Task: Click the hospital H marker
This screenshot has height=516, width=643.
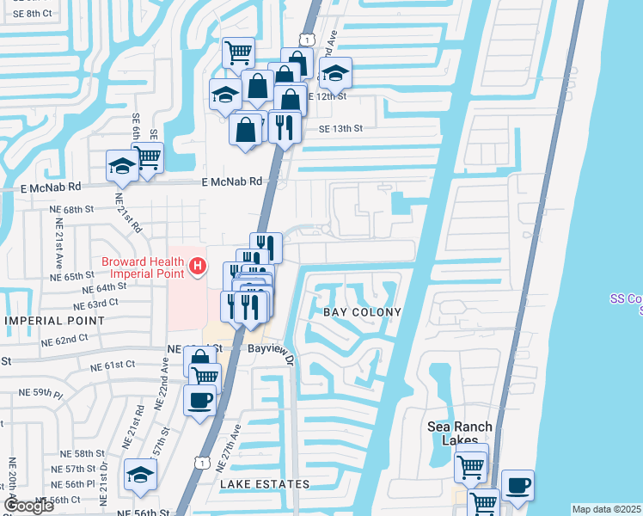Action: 199,267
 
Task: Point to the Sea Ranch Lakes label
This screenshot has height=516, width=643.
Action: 461,433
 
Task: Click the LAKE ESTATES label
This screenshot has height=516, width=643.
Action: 265,484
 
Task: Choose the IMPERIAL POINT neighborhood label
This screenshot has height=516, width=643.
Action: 54,321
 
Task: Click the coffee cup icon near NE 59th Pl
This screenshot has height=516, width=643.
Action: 200,399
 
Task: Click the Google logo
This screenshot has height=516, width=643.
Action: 28,506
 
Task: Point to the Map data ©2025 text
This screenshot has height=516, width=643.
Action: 607,509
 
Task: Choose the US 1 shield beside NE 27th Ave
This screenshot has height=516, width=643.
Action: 200,463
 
